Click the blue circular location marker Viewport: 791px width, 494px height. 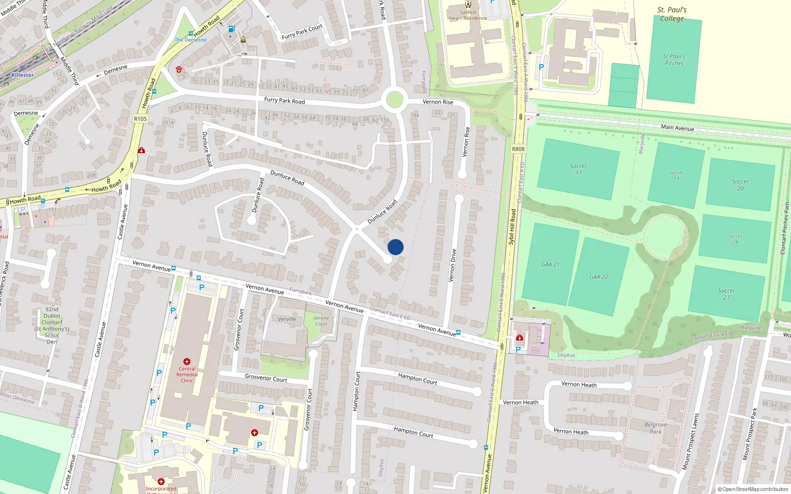[395, 247]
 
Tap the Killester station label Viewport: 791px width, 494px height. [23, 75]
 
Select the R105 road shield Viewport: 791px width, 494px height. [140, 119]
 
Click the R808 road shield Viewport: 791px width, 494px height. [518, 149]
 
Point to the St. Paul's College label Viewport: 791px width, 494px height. [672, 14]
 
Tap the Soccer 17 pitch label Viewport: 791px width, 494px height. [578, 169]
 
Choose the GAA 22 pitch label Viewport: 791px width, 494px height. [599, 277]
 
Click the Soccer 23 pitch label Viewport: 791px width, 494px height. [726, 294]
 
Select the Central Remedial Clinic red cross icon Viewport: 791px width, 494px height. [187, 362]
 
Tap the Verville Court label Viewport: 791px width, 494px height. [321, 321]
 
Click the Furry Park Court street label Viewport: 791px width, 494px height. [302, 32]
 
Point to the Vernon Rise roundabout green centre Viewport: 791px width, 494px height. [394, 100]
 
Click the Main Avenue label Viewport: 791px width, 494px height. [677, 127]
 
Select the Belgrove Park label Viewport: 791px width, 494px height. [656, 428]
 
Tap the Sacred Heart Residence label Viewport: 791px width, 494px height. [468, 15]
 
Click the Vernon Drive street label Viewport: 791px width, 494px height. [452, 265]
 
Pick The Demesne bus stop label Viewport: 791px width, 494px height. [190, 40]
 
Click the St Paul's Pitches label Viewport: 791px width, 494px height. [674, 60]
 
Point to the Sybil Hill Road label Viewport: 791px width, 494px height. [512, 226]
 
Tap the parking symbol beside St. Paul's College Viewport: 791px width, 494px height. [541, 67]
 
